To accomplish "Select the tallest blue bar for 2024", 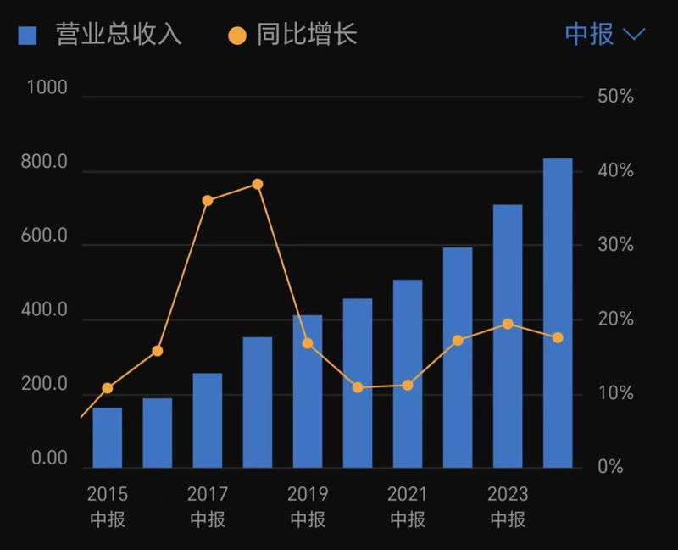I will [558, 313].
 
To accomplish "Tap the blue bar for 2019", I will [308, 392].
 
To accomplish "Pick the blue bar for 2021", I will [408, 374].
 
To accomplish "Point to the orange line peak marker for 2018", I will [258, 184].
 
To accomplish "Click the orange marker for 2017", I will [208, 201].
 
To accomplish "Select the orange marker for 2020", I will [358, 387].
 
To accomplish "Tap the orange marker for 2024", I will [558, 337].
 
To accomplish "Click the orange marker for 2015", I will [108, 388].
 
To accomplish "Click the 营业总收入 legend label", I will [119, 35].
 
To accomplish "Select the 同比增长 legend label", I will [307, 35].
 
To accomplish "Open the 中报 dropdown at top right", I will [604, 35].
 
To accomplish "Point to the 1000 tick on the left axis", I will [47, 88].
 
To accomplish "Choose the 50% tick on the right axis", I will [615, 97].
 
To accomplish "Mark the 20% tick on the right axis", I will [615, 319].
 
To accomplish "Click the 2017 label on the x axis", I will [208, 494].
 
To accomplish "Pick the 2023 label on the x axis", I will [508, 494].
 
